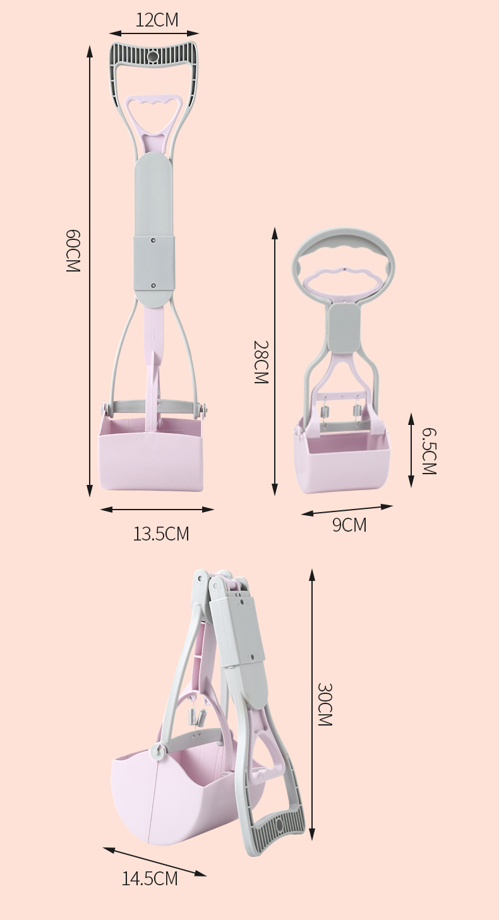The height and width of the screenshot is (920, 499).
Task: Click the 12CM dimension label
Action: click(157, 20)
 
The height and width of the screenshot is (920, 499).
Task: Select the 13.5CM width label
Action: click(160, 534)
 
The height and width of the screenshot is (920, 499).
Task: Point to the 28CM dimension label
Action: click(261, 362)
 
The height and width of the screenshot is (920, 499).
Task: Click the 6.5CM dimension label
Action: click(429, 451)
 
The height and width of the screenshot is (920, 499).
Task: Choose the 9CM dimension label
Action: click(349, 525)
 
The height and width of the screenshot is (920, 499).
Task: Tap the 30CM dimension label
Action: click(325, 704)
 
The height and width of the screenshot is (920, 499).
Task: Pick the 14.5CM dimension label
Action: click(150, 878)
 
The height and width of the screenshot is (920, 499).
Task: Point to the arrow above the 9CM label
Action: click(347, 510)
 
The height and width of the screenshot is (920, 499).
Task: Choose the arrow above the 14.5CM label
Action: click(155, 861)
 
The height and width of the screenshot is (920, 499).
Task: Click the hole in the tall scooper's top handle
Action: click(153, 57)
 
